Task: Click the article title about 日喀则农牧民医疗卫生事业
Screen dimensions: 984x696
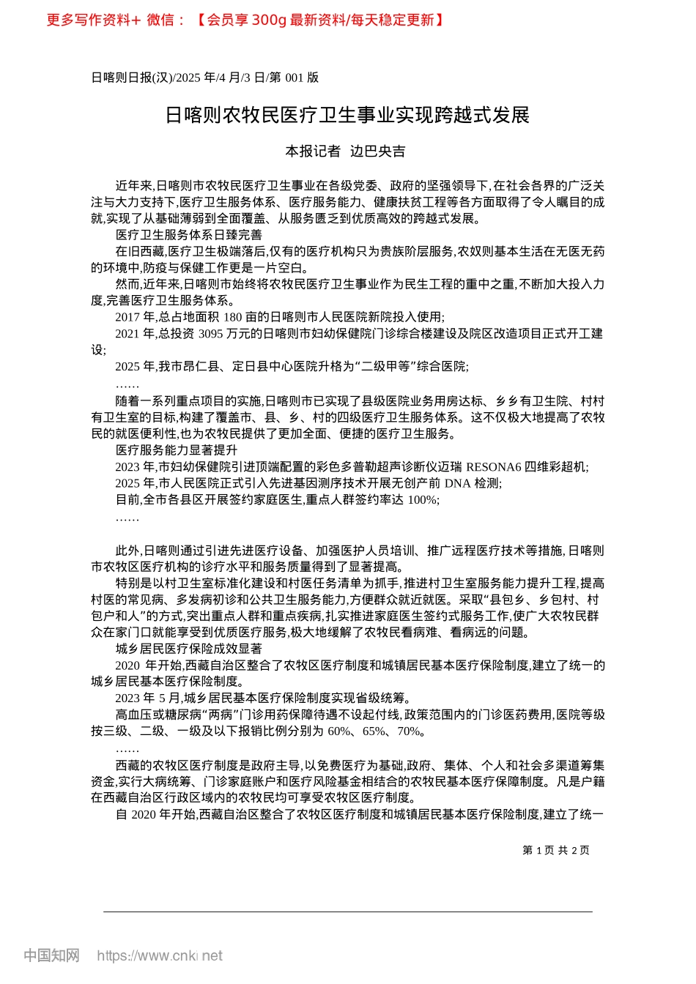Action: point(347,115)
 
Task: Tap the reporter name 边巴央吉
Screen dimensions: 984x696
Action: point(377,152)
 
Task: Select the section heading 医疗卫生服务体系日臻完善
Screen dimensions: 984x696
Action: point(188,235)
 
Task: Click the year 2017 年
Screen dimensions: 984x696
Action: point(136,317)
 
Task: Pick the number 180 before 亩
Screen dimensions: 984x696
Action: point(232,317)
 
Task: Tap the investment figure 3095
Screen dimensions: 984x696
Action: point(210,334)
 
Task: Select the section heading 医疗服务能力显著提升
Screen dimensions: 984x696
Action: point(177,450)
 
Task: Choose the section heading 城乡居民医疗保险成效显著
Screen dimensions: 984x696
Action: point(188,649)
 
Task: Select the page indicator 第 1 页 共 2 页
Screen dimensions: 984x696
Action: point(556,850)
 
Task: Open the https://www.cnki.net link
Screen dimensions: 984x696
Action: point(160,955)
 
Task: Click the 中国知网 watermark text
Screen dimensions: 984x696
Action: point(51,955)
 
